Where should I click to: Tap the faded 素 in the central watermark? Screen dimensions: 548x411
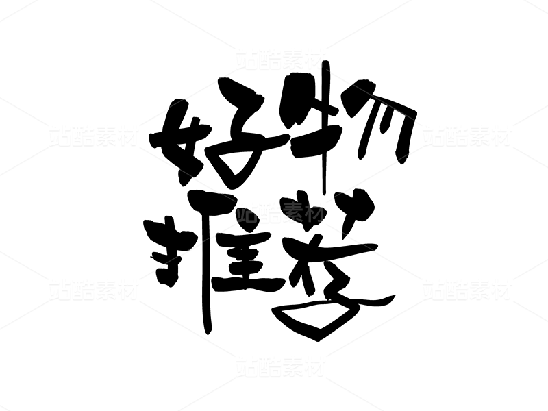pyautogui.click(x=292, y=212)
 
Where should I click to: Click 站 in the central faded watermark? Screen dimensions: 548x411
pyautogui.click(x=247, y=212)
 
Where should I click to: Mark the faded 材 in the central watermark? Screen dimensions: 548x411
pyautogui.click(x=314, y=212)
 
